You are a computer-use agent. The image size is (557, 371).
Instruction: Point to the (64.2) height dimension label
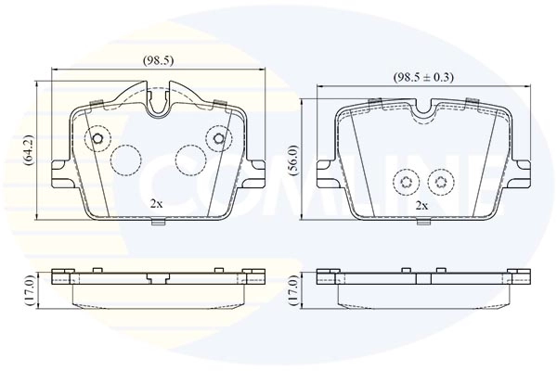(29, 151)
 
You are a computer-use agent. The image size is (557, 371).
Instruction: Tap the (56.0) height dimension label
(293, 159)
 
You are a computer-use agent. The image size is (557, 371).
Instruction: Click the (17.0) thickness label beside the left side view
(29, 289)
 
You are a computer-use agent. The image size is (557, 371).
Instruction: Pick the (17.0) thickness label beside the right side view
(293, 289)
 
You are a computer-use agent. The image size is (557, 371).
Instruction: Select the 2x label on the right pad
(421, 204)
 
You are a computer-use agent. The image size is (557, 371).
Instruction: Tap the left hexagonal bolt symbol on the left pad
(97, 140)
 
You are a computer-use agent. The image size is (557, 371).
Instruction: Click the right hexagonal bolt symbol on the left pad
(219, 140)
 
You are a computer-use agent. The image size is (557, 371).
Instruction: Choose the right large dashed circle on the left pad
(191, 160)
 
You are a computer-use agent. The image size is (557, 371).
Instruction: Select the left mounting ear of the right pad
(325, 171)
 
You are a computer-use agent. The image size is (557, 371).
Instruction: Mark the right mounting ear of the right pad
(522, 171)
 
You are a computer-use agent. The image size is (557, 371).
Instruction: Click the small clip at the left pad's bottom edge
(160, 222)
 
